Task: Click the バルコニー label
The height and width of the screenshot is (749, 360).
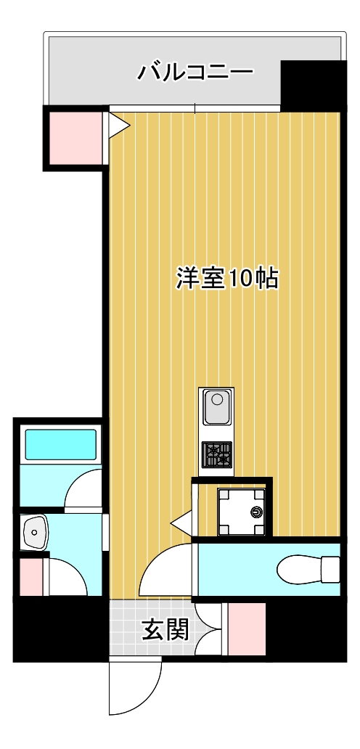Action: pyautogui.click(x=195, y=73)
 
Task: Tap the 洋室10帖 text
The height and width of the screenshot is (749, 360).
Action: pyautogui.click(x=227, y=278)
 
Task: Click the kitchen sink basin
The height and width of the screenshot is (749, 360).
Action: pyautogui.click(x=216, y=408)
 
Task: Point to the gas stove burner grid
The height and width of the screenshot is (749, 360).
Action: pyautogui.click(x=216, y=455)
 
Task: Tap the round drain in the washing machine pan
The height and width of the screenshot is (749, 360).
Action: pyautogui.click(x=255, y=512)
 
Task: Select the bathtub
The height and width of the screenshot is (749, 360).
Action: pyautogui.click(x=61, y=444)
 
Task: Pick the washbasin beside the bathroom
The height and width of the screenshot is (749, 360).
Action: pyautogui.click(x=33, y=534)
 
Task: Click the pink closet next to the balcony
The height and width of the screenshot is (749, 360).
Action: pyautogui.click(x=75, y=137)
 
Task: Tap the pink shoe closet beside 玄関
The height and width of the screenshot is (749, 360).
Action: pyautogui.click(x=247, y=629)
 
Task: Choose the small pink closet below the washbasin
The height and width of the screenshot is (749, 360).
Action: pyautogui.click(x=31, y=576)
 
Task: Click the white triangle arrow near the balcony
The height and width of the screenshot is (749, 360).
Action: pyautogui.click(x=118, y=126)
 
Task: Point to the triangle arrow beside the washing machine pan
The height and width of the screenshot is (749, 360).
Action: pyautogui.click(x=180, y=521)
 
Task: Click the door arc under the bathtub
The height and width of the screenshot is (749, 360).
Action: pyautogui.click(x=83, y=490)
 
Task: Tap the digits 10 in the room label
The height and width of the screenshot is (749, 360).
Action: pyautogui.click(x=240, y=278)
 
